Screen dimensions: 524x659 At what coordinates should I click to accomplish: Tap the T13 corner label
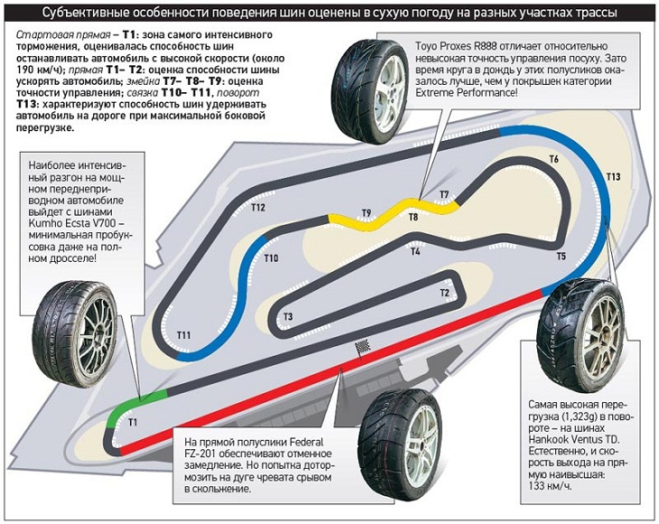click(x=613, y=176)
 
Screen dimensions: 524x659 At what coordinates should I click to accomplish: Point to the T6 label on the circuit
click(x=553, y=160)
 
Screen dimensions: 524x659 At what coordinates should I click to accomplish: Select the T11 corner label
click(x=183, y=336)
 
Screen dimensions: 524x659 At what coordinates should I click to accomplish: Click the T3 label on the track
click(x=288, y=316)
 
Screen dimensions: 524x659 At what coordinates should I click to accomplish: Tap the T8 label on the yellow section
click(x=413, y=218)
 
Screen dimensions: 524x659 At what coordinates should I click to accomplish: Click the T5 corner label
click(x=561, y=257)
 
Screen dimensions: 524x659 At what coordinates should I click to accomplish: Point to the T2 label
click(x=444, y=293)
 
